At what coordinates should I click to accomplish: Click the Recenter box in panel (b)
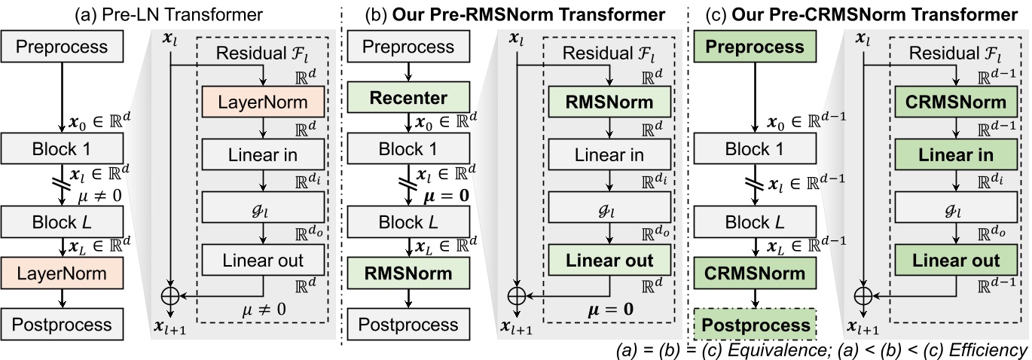(x=408, y=98)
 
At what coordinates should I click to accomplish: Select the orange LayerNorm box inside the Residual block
(x=262, y=102)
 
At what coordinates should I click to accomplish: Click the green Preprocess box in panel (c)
(x=753, y=47)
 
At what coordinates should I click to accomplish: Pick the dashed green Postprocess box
(x=753, y=325)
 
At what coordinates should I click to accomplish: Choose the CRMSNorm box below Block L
(x=753, y=272)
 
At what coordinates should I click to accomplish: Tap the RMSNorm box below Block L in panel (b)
(x=408, y=272)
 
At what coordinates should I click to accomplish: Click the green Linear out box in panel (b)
(x=609, y=261)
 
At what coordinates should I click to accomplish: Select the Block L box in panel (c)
(x=753, y=222)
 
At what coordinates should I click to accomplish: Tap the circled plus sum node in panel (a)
(x=172, y=296)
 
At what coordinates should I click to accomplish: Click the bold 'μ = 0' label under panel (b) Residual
(x=609, y=309)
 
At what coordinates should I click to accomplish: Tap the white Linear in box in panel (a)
(x=262, y=155)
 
